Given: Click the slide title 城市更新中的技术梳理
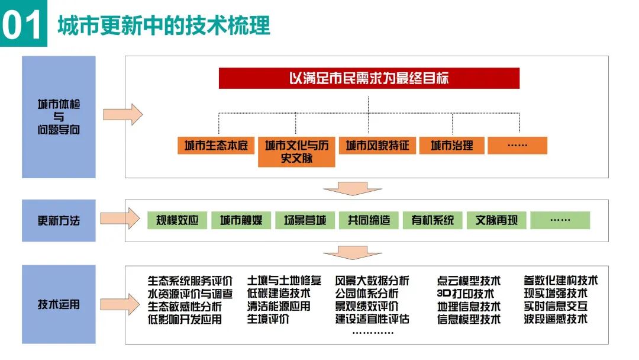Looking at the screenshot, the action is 163,25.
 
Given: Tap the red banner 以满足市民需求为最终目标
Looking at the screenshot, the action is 369,78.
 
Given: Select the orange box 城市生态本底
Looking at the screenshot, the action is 215,146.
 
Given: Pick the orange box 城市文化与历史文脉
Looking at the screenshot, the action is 296,152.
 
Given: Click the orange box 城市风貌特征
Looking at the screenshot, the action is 377,146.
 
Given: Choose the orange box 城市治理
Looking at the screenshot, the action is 451,146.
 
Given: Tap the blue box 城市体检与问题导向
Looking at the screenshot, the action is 59,117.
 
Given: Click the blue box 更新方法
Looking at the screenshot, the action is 59,220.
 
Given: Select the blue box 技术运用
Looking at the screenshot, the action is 59,304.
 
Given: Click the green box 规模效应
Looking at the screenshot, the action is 177,220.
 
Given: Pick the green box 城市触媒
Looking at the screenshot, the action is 241,220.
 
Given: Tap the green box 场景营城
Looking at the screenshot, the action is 305,220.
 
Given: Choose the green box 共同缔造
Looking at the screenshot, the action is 369,220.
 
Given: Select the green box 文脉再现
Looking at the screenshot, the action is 496,220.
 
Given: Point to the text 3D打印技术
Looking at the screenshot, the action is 465,294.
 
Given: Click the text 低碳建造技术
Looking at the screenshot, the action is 278,294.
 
